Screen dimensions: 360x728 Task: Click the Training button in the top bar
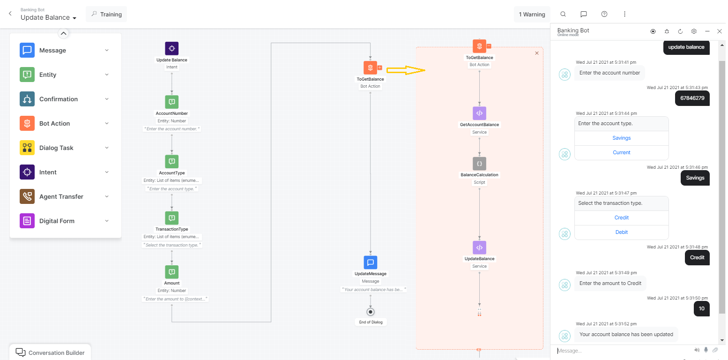106,14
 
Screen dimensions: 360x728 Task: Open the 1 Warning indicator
532,14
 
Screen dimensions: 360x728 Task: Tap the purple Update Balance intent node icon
171,48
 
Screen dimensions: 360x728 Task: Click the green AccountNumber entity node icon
171,102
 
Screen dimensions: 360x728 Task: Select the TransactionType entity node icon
171,217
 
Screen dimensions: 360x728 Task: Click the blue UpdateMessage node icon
370,262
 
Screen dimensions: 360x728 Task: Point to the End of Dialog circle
371,312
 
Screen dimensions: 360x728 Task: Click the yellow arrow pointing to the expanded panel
406,70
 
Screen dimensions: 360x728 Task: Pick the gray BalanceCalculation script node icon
479,164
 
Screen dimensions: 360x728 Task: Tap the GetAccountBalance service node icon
479,113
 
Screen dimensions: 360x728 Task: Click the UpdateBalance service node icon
479,247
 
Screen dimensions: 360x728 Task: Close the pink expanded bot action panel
537,53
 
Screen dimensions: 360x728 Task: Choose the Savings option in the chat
621,138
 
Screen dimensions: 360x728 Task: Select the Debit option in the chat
621,232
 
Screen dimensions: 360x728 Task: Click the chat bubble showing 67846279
692,98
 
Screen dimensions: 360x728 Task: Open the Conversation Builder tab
51,352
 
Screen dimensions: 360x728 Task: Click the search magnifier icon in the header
563,14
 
